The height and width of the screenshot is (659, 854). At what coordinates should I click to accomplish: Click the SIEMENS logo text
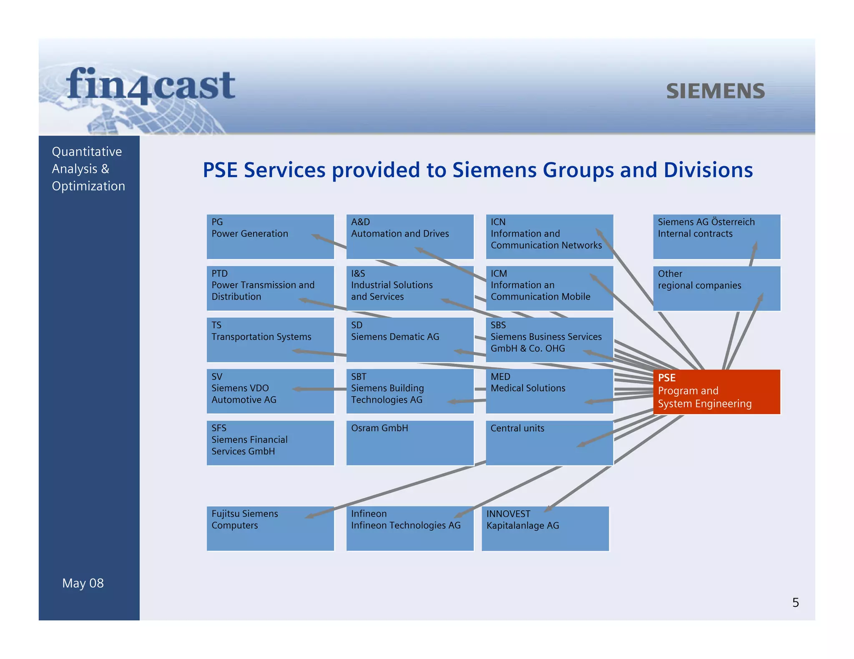coord(715,91)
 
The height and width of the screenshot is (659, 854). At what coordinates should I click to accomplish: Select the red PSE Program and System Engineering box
coord(716,392)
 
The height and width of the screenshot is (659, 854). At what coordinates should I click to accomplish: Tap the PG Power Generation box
coord(270,237)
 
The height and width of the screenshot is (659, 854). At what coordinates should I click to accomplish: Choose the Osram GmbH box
coord(410,443)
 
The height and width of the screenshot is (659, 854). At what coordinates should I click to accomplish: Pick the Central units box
coord(549,443)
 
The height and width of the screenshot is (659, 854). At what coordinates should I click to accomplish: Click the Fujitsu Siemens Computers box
coord(270,529)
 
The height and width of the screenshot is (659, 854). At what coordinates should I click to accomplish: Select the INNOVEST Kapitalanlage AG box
coord(545,529)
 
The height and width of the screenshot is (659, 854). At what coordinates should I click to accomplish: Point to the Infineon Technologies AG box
coord(410,529)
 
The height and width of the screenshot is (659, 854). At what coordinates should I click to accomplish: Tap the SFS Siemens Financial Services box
coord(270,443)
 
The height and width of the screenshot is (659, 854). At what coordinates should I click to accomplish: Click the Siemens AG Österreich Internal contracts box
coord(716,237)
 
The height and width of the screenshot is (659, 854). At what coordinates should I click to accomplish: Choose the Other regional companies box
coord(716,288)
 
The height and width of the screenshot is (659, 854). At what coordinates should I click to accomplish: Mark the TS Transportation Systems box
coord(270,339)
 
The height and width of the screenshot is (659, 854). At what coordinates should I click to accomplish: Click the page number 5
coord(796,603)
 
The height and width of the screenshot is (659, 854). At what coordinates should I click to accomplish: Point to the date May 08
coord(83,583)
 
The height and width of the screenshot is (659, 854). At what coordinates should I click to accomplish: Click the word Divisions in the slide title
coord(708,170)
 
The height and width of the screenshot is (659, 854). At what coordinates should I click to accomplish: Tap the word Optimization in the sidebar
coord(88,186)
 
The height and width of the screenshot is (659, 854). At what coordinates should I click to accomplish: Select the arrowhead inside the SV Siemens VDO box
coord(297,389)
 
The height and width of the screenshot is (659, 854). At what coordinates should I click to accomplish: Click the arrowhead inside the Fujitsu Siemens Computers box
coord(309,516)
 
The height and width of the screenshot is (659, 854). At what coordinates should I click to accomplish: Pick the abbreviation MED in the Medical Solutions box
coord(500,377)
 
